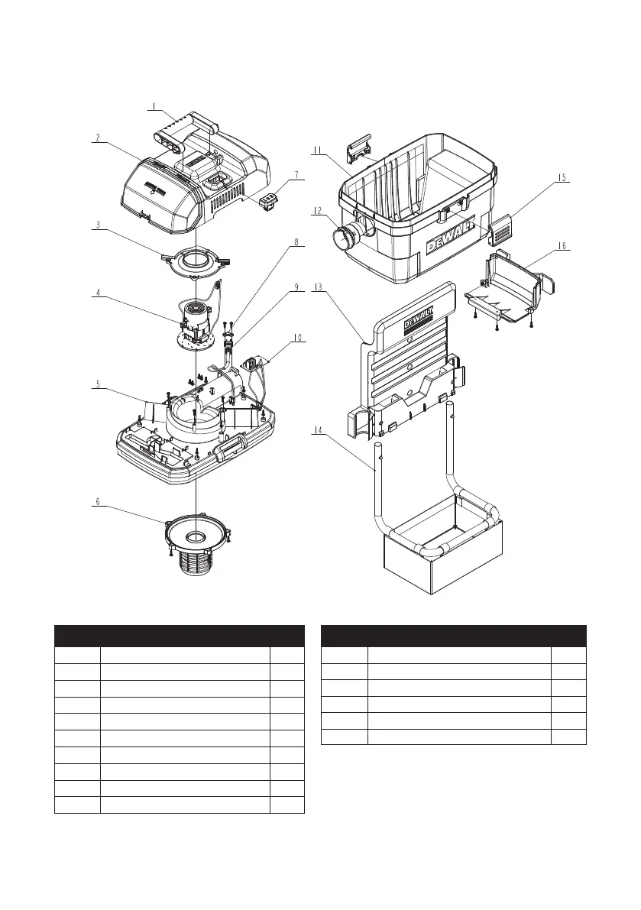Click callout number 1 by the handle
click(153, 105)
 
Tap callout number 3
click(98, 225)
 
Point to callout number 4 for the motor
click(98, 291)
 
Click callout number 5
click(98, 386)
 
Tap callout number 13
click(318, 288)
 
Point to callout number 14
click(318, 432)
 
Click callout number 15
click(562, 178)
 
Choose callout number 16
click(562, 245)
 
